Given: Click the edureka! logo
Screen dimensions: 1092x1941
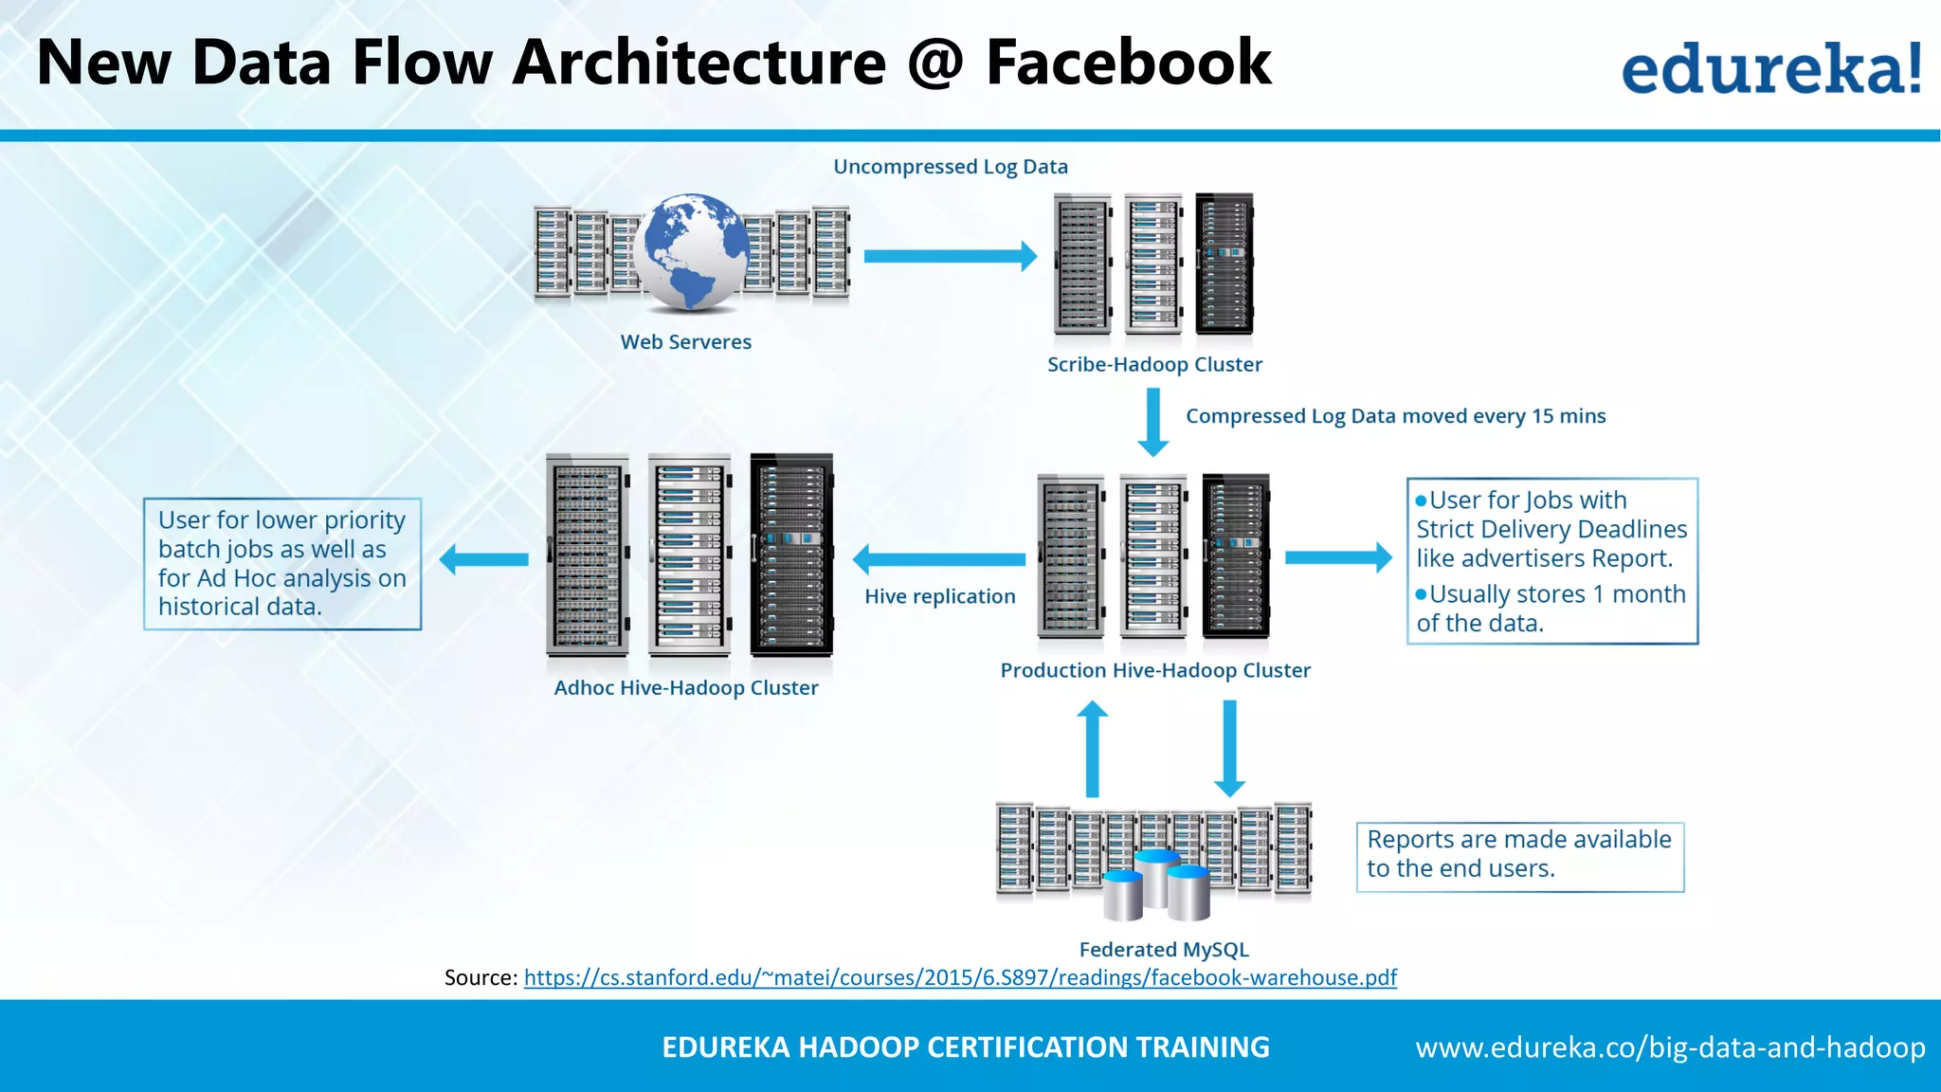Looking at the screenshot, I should pyautogui.click(x=1770, y=67).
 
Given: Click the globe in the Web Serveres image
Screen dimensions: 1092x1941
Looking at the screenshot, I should pyautogui.click(x=691, y=251).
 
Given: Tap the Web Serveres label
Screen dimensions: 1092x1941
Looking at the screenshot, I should pyautogui.click(x=685, y=342).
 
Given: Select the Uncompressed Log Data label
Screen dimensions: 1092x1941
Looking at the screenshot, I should pyautogui.click(x=950, y=167).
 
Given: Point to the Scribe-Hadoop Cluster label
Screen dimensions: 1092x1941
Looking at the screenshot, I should pyautogui.click(x=1153, y=365).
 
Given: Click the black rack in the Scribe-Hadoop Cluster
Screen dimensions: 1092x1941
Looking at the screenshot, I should pyautogui.click(x=1224, y=264).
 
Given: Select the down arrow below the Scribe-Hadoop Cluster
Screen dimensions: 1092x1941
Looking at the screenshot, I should pyautogui.click(x=1152, y=422).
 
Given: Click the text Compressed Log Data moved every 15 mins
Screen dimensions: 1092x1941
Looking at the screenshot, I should pyautogui.click(x=1395, y=416).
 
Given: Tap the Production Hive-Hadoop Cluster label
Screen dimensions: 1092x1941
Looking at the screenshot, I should pyautogui.click(x=1154, y=671).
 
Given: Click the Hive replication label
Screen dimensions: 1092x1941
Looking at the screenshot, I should pyautogui.click(x=938, y=597).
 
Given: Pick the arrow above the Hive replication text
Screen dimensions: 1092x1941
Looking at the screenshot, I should pyautogui.click(x=938, y=559).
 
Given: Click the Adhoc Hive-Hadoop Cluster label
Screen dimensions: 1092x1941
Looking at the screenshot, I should pyautogui.click(x=685, y=688).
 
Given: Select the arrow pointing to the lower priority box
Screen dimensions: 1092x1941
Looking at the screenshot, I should pyautogui.click(x=484, y=559).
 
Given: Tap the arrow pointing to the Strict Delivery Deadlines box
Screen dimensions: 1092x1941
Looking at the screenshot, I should pyautogui.click(x=1337, y=557).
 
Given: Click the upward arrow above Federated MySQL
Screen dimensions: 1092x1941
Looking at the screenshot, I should pyautogui.click(x=1092, y=749).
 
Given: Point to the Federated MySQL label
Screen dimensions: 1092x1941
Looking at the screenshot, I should pyautogui.click(x=1163, y=950).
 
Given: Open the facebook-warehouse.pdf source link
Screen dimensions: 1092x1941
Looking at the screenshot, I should pyautogui.click(x=959, y=978).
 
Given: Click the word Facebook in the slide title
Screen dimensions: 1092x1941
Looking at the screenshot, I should pyautogui.click(x=1128, y=63).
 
